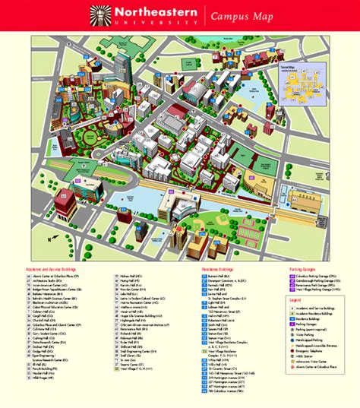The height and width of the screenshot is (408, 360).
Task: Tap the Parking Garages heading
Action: tap(303, 269)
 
